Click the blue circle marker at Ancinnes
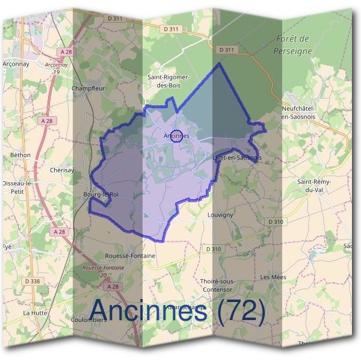point(176,136)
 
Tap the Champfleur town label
point(88,88)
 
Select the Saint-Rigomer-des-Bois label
point(169,81)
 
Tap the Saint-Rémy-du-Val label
point(314,185)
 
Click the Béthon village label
point(20,155)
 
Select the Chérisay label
point(63,170)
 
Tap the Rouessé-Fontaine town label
point(130,256)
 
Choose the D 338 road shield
point(34,281)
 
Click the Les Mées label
point(273,277)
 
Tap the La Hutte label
point(34,313)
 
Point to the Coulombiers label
point(89,320)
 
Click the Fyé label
point(7,247)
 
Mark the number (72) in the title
point(234,311)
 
